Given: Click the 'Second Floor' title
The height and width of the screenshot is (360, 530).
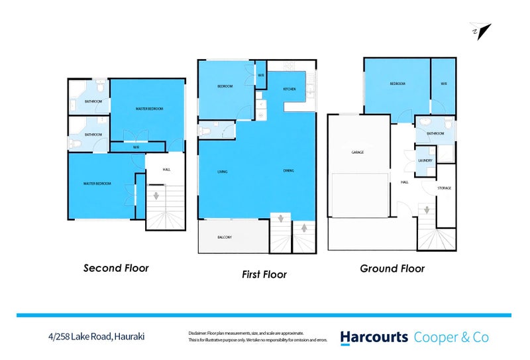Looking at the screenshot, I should (x=116, y=269).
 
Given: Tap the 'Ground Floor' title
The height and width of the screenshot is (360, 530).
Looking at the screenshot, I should (x=392, y=269).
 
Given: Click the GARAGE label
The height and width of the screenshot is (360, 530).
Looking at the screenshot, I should (x=357, y=152).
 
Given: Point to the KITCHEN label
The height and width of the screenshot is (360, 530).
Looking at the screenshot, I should (x=290, y=89).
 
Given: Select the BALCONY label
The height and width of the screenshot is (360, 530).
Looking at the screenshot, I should (x=225, y=237).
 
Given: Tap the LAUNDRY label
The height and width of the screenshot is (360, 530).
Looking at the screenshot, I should (x=426, y=160).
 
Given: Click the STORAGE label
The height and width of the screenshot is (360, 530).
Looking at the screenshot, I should (x=444, y=188).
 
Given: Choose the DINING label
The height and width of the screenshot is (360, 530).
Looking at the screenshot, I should (x=289, y=171).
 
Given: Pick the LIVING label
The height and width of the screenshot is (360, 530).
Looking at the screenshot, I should (x=223, y=172).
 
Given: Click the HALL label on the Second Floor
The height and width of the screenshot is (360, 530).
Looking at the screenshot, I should (x=166, y=170).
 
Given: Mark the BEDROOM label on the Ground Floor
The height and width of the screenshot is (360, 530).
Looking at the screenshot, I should (x=397, y=84).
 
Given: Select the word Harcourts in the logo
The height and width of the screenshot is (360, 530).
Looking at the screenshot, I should (x=374, y=337).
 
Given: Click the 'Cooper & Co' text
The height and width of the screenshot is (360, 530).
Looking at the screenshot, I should (x=451, y=337).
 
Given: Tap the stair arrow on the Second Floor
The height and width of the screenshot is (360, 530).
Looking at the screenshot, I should (x=157, y=196).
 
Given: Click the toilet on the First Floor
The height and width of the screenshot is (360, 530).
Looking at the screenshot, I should (x=205, y=131).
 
